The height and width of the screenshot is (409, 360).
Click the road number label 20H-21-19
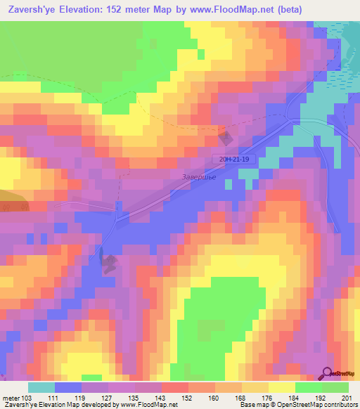coord(234,160)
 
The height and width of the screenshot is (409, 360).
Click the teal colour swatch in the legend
coord(41,387)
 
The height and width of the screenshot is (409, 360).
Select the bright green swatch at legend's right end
coord(335,387)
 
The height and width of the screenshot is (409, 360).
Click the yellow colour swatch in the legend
coord(281,387)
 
